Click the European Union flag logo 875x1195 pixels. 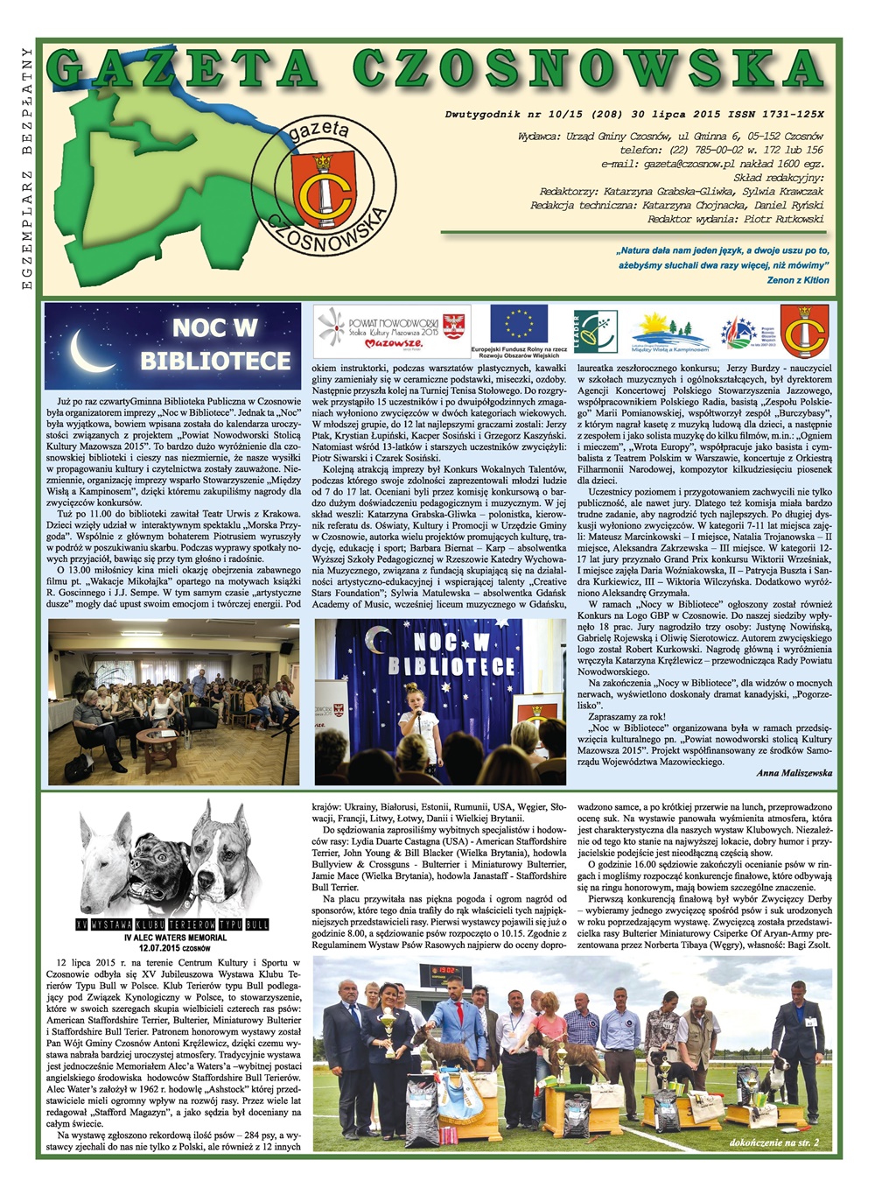518,323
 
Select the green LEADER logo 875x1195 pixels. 595,331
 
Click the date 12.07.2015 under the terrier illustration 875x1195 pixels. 163,948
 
